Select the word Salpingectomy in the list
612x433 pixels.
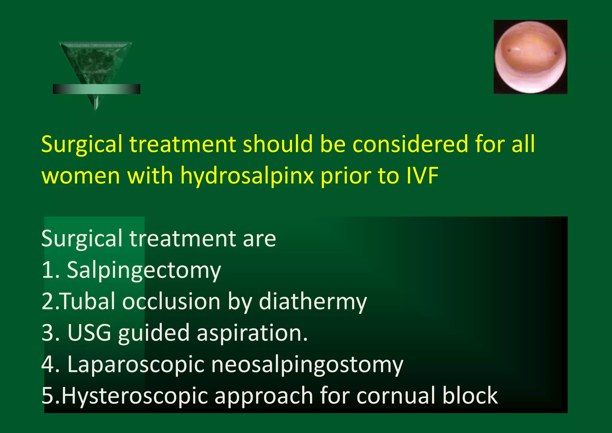click(144, 270)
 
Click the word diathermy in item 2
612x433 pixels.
click(313, 301)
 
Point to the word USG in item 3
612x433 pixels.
click(89, 332)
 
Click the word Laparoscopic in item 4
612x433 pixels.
click(136, 365)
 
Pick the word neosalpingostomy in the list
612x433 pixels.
click(307, 365)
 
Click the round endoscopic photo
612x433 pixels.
click(530, 57)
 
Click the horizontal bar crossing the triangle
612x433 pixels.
click(96, 89)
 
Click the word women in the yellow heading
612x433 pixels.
click(81, 176)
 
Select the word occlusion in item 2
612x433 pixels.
click(172, 301)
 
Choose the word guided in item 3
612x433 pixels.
click(154, 333)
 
